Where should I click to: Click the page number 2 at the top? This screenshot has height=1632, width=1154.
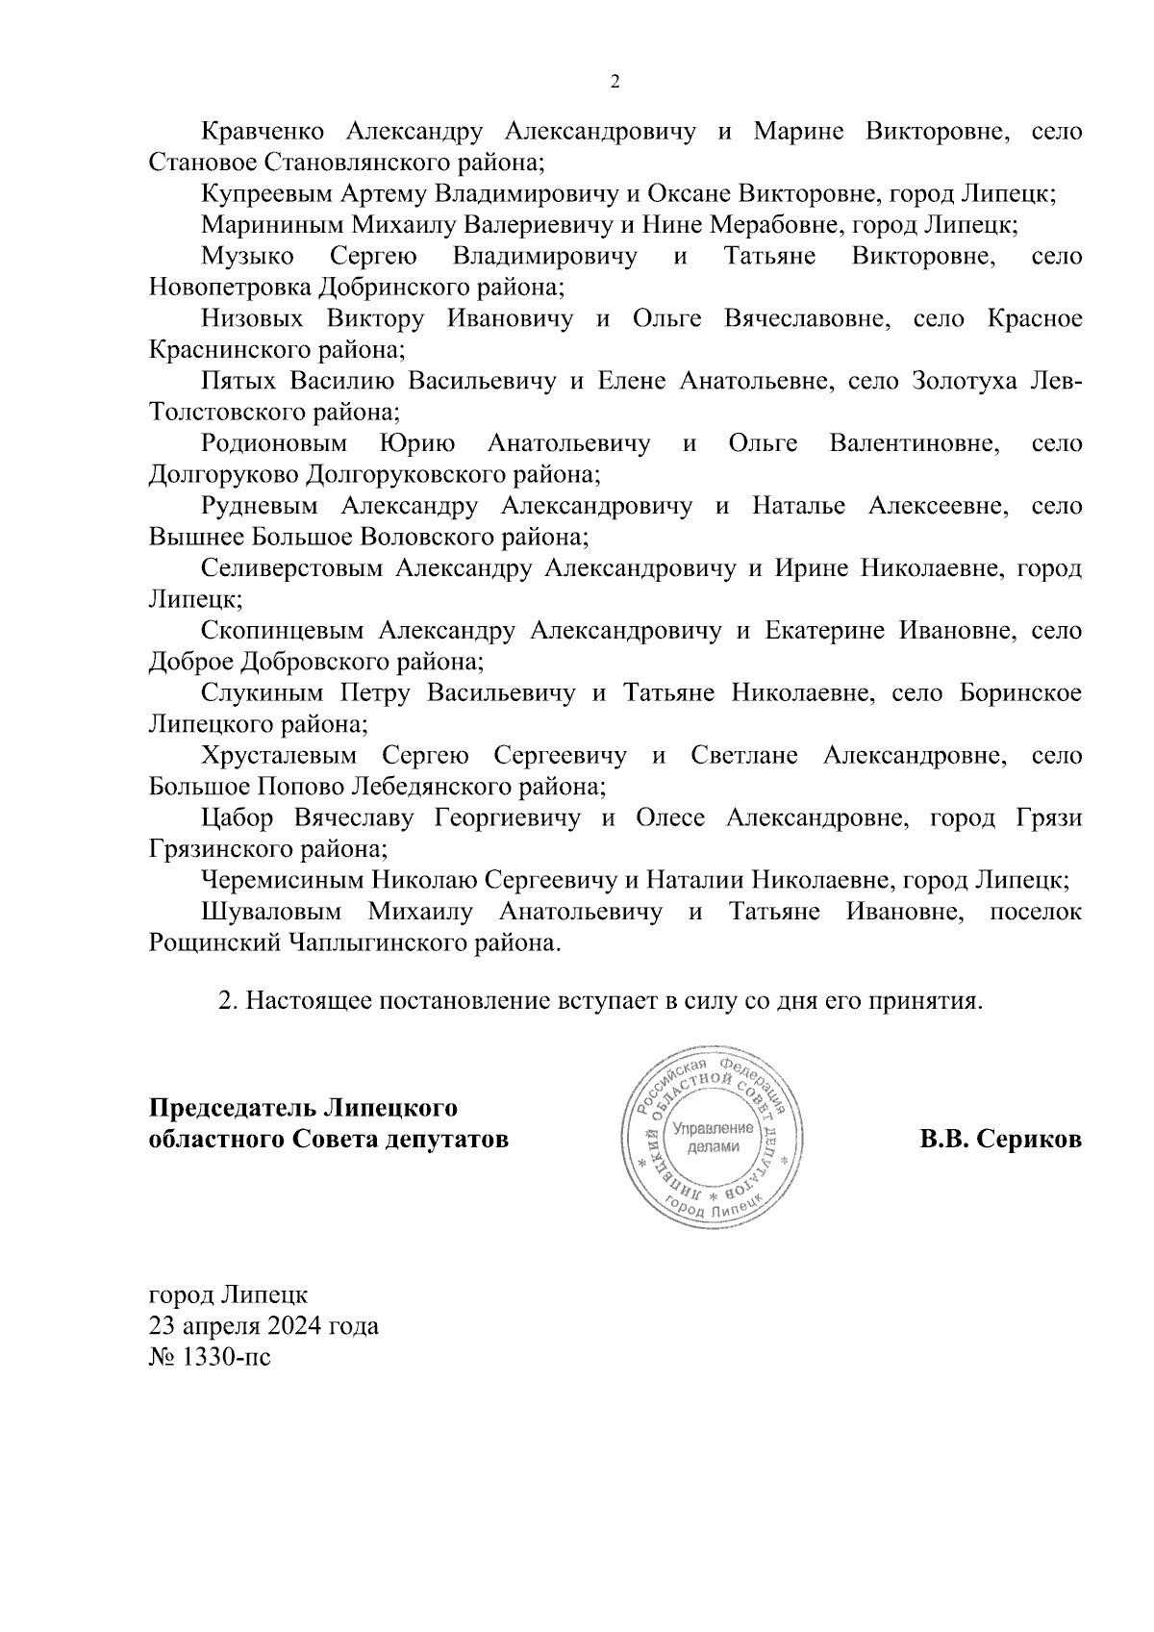615,83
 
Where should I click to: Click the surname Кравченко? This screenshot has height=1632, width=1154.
263,132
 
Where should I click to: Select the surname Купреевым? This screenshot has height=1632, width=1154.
267,194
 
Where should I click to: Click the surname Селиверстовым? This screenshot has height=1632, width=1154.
293,569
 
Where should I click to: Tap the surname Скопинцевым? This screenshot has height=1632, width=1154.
283,632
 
